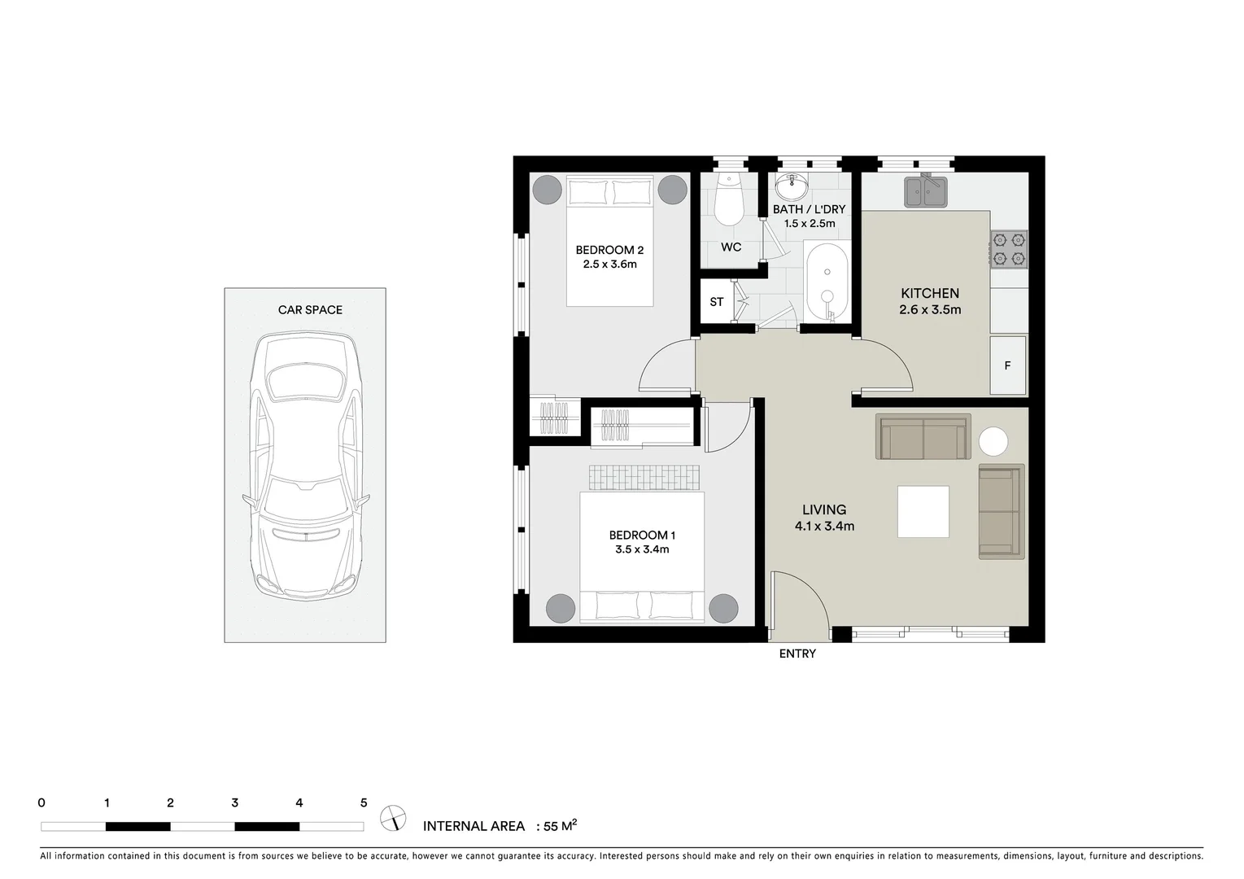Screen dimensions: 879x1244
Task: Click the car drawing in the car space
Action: tap(305, 465)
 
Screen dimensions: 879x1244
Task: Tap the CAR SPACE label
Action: tap(310, 310)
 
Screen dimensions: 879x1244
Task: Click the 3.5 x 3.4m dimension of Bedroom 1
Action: tap(642, 549)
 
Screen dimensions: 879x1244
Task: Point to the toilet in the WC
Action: tap(728, 203)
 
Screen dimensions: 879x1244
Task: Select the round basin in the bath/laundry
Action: tap(791, 188)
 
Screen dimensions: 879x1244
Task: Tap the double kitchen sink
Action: tap(926, 193)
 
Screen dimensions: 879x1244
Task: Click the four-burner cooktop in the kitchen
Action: tap(1008, 250)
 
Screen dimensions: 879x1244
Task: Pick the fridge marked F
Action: tap(1007, 365)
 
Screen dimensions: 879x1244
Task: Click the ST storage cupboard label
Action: tap(716, 302)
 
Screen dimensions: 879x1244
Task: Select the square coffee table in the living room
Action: tap(923, 511)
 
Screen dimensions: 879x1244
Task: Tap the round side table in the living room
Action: tap(993, 442)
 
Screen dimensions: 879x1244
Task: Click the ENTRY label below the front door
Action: tap(797, 654)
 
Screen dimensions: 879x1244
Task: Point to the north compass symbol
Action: tap(394, 817)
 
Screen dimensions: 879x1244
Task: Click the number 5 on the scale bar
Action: tap(364, 802)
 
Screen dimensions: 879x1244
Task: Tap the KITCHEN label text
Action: tap(929, 293)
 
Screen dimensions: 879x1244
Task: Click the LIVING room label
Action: tap(824, 509)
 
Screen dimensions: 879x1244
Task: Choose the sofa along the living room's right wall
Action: tap(1001, 512)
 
